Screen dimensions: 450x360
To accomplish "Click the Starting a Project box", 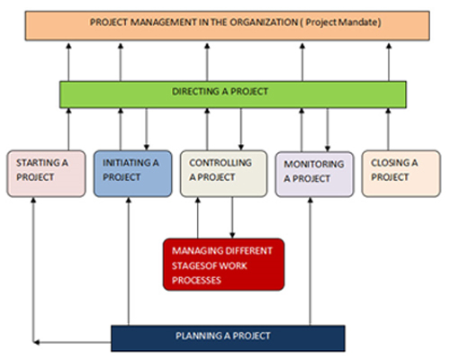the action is pyautogui.click(x=46, y=174).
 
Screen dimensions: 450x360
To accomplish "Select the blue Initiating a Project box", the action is pyautogui.click(x=133, y=174).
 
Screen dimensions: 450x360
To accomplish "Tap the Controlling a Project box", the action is pyautogui.click(x=224, y=174).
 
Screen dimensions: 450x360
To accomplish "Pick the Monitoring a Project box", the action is pyautogui.click(x=315, y=175).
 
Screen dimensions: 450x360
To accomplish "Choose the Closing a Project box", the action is pyautogui.click(x=401, y=174).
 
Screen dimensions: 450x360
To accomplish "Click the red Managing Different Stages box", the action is pyautogui.click(x=224, y=265).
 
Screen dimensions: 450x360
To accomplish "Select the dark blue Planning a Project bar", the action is pyautogui.click(x=228, y=338).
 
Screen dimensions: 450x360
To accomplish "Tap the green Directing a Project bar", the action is pyautogui.click(x=233, y=94).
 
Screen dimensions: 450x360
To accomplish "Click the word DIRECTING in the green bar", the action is pyautogui.click(x=195, y=92).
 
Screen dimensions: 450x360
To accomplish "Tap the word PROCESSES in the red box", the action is pyautogui.click(x=196, y=280).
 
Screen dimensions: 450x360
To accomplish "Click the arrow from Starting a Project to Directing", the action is pyautogui.click(x=68, y=130).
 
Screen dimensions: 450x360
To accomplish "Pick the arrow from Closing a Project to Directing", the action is pyautogui.click(x=388, y=130).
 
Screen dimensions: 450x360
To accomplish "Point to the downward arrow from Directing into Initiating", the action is pyautogui.click(x=147, y=130).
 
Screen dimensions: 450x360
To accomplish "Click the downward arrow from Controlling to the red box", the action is pyautogui.click(x=232, y=218).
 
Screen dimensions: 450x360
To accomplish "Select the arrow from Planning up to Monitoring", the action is pyautogui.click(x=310, y=261).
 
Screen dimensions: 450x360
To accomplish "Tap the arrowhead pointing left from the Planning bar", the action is pyautogui.click(x=36, y=342).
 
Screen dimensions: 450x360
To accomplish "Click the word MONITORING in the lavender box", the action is pyautogui.click(x=314, y=164).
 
